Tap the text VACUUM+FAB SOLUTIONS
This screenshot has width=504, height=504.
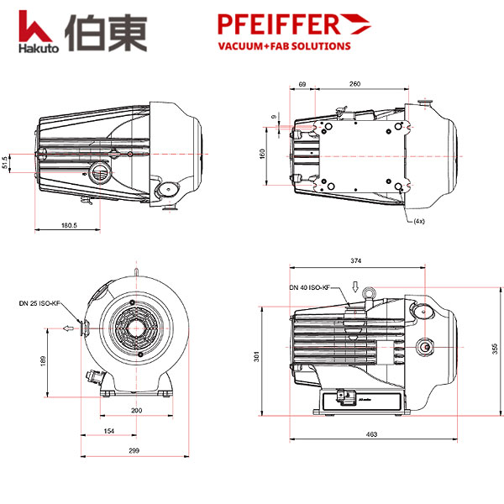click(x=284, y=46)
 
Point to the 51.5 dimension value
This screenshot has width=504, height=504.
click(x=7, y=160)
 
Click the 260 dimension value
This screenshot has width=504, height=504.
click(x=355, y=84)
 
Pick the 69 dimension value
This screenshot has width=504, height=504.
click(x=302, y=84)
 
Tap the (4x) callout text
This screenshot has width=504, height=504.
click(x=418, y=221)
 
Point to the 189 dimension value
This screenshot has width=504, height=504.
click(x=42, y=360)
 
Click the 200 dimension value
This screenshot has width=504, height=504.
click(x=136, y=410)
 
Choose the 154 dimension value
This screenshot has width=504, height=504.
click(x=108, y=430)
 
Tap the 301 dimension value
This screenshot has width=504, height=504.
click(x=257, y=357)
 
